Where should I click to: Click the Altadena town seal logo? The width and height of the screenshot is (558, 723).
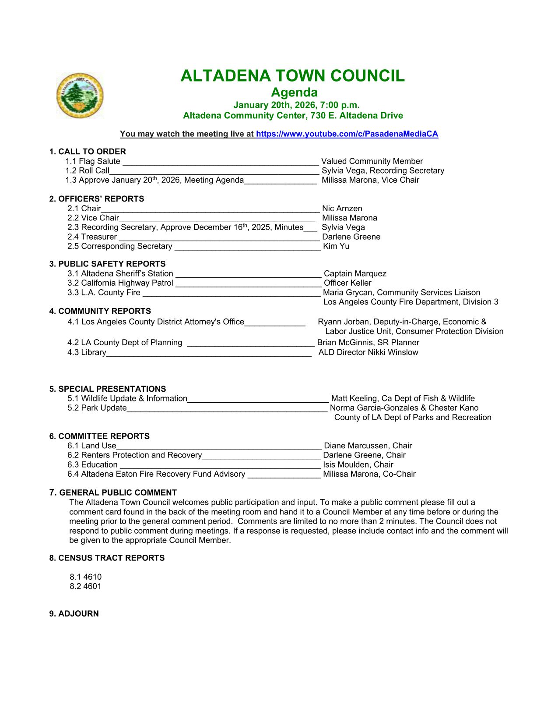[80, 96]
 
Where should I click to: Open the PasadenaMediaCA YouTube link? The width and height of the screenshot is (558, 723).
[347, 134]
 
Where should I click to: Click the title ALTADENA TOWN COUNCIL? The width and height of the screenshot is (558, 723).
[292, 76]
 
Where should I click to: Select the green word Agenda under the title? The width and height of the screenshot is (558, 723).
[294, 92]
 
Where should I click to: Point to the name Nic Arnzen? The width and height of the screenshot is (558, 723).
[342, 209]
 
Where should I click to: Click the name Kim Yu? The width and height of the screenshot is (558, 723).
[336, 246]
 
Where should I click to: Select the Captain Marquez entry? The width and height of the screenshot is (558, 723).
[354, 273]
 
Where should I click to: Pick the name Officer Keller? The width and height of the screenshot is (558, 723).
[347, 283]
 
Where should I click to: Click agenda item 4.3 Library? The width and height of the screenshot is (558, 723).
[87, 352]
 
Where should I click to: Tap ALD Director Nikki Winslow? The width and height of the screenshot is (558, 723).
[368, 352]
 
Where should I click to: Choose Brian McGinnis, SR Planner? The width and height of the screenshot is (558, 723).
[368, 343]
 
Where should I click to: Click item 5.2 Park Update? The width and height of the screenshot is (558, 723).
[97, 408]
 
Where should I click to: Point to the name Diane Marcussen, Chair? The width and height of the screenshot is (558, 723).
[368, 446]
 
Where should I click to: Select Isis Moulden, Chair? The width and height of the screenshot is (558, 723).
[358, 464]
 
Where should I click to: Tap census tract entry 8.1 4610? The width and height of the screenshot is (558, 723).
[85, 577]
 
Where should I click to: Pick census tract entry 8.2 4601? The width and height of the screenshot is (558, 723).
[85, 586]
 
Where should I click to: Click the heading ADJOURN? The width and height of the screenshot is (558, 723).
[74, 614]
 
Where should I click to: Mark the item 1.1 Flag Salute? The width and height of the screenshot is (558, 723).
[93, 161]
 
